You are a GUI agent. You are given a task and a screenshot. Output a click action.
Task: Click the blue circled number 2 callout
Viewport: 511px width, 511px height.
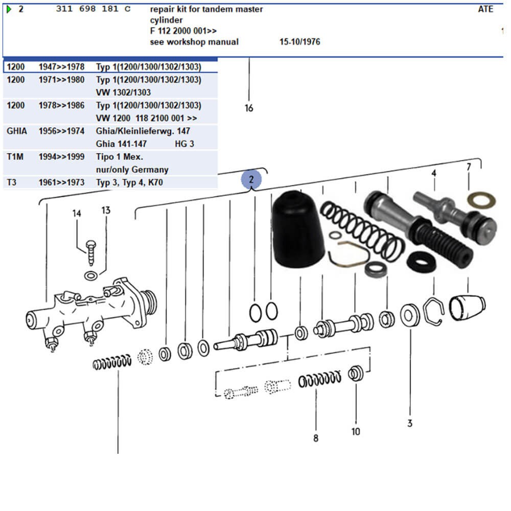[x=251, y=179]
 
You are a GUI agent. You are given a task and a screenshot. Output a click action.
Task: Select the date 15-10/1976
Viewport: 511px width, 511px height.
[x=299, y=42]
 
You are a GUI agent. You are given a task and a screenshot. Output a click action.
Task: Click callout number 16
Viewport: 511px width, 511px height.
[x=249, y=108]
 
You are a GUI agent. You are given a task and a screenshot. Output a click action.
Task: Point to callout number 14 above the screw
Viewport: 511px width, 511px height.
[x=77, y=213]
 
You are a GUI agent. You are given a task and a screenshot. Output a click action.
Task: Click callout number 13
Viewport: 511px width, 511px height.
[x=105, y=210]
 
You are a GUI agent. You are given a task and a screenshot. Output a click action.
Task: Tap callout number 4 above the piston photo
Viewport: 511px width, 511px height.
[x=433, y=173]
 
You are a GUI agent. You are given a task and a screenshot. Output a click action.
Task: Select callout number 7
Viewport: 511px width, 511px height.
[x=469, y=166]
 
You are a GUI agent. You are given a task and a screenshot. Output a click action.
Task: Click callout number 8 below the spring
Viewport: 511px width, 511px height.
[x=316, y=438]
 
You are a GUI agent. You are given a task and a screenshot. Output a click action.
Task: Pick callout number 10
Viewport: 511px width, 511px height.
[x=356, y=431]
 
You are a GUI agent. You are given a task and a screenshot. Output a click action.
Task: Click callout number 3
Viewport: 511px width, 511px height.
[x=410, y=423]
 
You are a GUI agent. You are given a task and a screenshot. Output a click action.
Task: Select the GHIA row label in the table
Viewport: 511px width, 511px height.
[x=16, y=131]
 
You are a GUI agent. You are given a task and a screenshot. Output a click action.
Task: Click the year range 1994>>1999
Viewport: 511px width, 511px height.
[x=61, y=157]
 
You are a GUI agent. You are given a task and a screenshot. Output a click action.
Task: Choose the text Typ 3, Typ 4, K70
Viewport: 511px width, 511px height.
[x=129, y=182]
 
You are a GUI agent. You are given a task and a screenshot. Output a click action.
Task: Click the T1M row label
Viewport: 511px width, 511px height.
[x=15, y=157]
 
